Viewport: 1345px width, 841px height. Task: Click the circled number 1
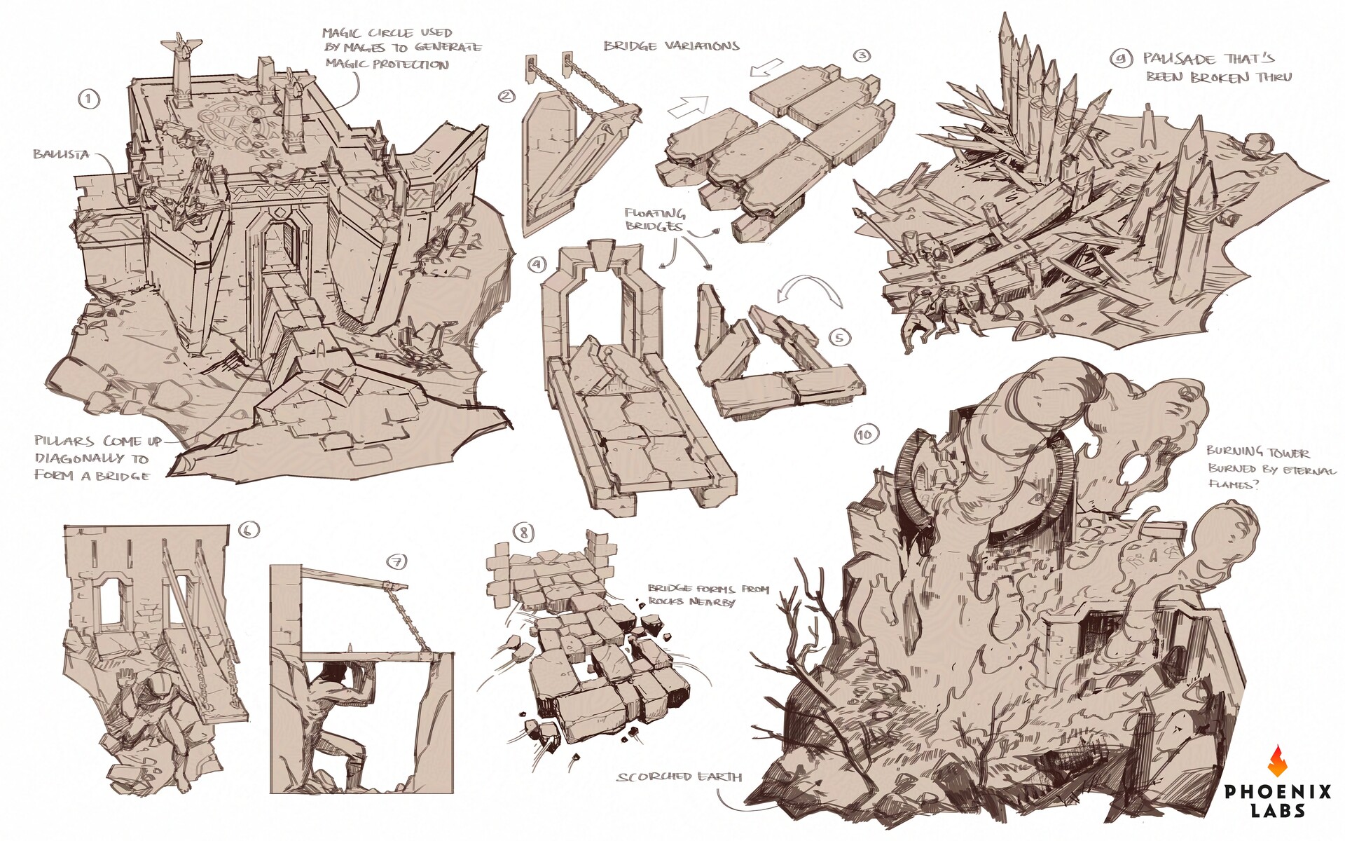point(88,99)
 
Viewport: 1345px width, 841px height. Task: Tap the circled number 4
point(537,264)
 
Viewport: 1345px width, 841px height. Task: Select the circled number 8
point(523,533)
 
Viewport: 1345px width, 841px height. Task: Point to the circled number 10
point(866,435)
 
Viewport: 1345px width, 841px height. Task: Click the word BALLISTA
point(61,153)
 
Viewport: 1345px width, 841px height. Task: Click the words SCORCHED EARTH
point(680,777)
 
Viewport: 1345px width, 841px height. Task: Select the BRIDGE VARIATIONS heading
point(672,46)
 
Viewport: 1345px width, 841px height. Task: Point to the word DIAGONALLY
point(92,459)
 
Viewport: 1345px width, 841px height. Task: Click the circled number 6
point(248,531)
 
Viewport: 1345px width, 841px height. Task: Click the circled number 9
point(1122,60)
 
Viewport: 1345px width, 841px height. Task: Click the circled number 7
point(396,561)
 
